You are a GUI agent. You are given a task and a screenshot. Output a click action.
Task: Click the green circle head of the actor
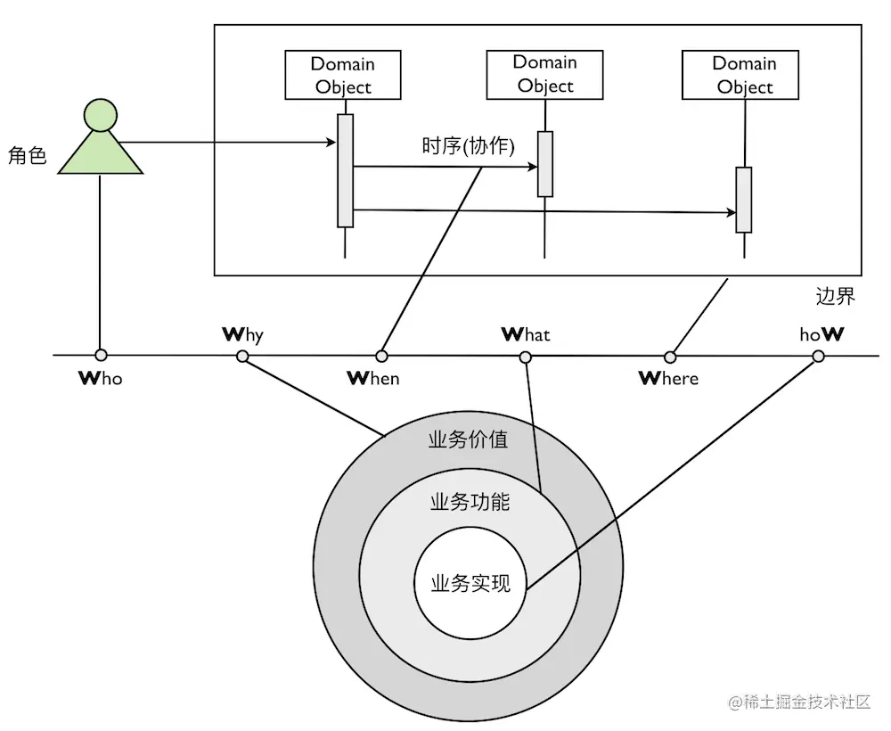pyautogui.click(x=101, y=115)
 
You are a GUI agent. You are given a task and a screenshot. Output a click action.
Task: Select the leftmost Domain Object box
pyautogui.click(x=342, y=75)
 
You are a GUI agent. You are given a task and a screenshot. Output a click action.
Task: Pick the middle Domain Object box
pyautogui.click(x=545, y=74)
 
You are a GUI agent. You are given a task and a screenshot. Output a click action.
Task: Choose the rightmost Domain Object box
pyautogui.click(x=744, y=75)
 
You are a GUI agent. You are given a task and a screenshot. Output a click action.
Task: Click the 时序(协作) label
pyautogui.click(x=469, y=146)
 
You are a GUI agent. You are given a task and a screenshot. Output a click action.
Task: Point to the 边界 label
pyautogui.click(x=836, y=296)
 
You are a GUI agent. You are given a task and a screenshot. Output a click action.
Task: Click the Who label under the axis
pyautogui.click(x=101, y=378)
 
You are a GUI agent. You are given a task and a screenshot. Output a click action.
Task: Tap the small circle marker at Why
pyautogui.click(x=242, y=357)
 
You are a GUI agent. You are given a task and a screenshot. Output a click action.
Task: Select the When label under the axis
pyautogui.click(x=373, y=378)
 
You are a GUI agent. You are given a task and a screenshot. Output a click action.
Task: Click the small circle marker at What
pyautogui.click(x=526, y=357)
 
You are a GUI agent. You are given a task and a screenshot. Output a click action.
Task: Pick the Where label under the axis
pyautogui.click(x=669, y=378)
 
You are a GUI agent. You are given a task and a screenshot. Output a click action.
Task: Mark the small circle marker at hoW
pyautogui.click(x=819, y=357)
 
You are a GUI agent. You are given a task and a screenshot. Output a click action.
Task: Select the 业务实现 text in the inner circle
pyautogui.click(x=470, y=584)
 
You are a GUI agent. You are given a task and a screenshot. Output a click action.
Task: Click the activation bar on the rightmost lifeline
pyautogui.click(x=743, y=200)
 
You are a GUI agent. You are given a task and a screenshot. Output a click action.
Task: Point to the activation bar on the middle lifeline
pyautogui.click(x=545, y=164)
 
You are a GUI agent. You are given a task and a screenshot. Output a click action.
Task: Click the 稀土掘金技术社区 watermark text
pyautogui.click(x=800, y=702)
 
